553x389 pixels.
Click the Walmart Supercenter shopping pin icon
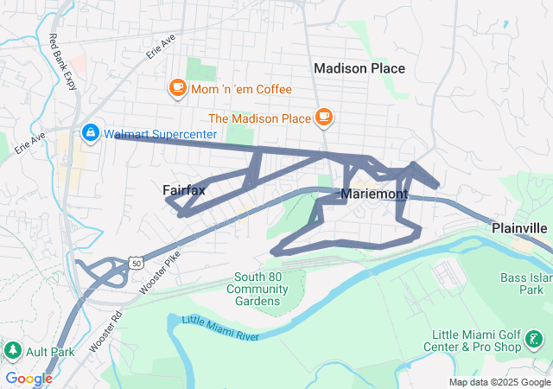90,133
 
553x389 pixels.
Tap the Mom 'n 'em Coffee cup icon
178,88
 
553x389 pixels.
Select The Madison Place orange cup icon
324,117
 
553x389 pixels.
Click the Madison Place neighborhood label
359,67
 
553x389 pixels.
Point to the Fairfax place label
184,189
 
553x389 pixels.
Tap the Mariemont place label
374,194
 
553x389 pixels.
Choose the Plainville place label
519,227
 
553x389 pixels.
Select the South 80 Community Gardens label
257,289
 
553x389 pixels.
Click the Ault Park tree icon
13,350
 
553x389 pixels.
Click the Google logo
29,378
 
